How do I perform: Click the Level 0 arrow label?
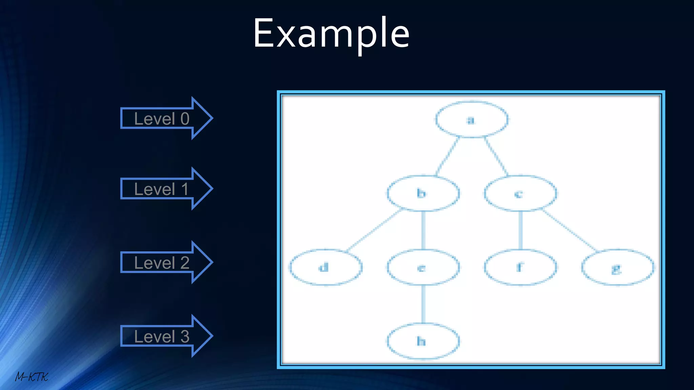click(x=162, y=118)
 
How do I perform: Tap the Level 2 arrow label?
click(x=162, y=263)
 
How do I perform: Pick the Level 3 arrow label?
click(x=162, y=336)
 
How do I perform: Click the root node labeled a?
click(x=471, y=120)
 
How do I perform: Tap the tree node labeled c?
click(x=520, y=194)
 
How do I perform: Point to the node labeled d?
click(x=326, y=267)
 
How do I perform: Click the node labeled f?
click(x=520, y=267)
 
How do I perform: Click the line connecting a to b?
click(x=447, y=156)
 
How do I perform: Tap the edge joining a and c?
click(x=496, y=156)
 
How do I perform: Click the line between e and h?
click(x=423, y=304)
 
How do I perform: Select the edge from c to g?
click(x=569, y=230)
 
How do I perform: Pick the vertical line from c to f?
click(x=520, y=230)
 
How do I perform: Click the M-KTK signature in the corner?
click(x=32, y=376)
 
